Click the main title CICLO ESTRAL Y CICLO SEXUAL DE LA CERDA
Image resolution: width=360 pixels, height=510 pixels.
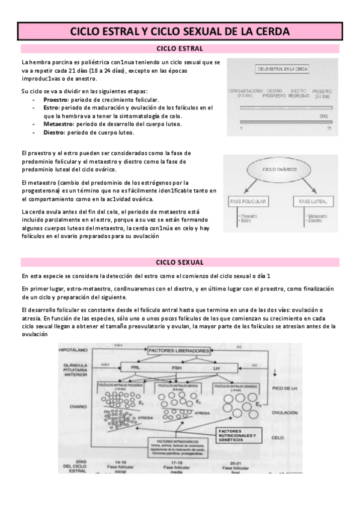[180, 31]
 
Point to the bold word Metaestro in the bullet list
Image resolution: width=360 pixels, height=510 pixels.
[58, 124]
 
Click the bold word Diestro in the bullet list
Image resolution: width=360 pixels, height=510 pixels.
[55, 132]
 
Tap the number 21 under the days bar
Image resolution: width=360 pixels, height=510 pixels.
[329, 128]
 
